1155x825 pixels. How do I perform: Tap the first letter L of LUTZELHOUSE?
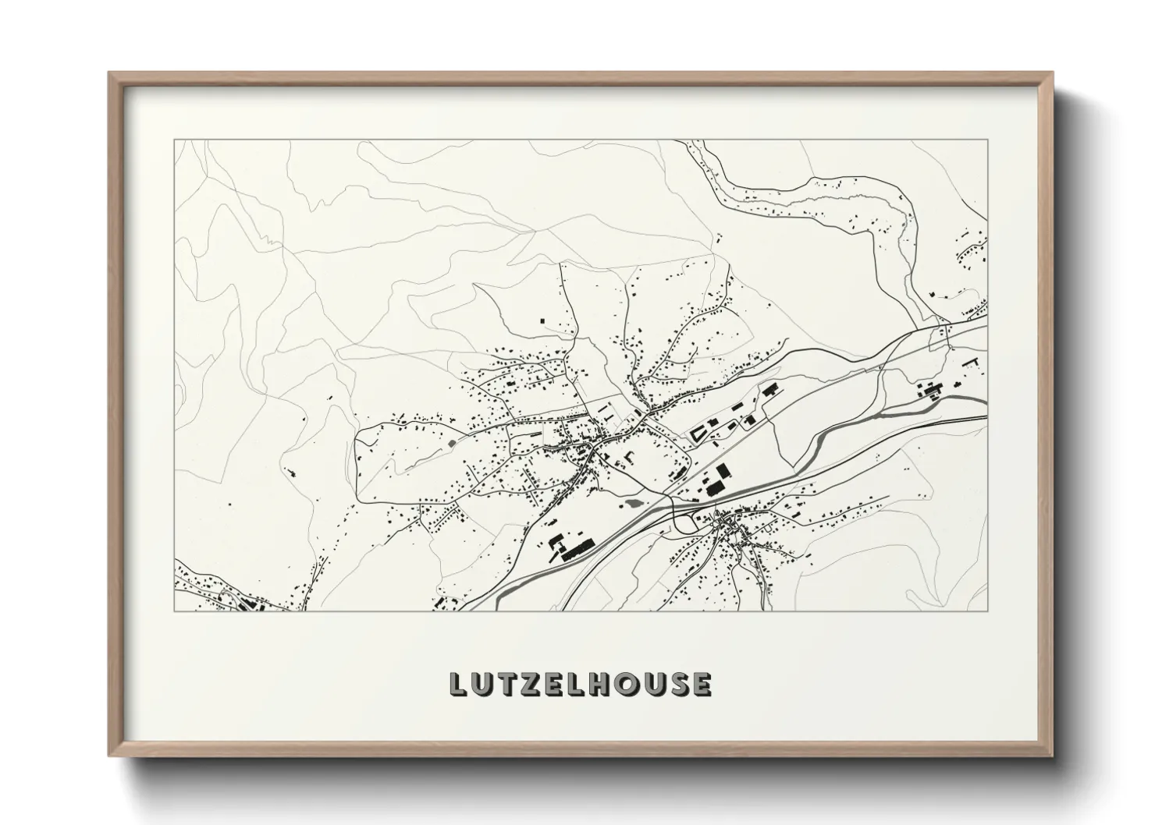coord(459,684)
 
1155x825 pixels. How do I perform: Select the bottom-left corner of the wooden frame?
coord(109,755)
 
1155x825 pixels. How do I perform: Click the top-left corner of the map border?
coord(174,140)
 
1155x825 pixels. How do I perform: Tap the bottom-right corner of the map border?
coord(988,611)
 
